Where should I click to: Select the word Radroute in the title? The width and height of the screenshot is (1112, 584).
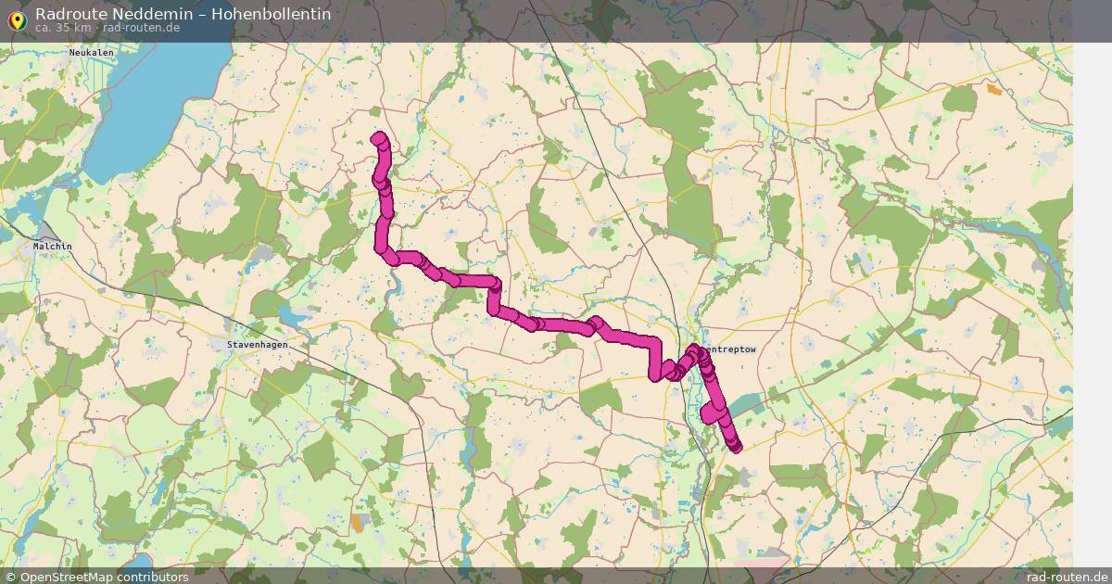coord(65,14)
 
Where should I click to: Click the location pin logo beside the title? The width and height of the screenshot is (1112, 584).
coord(16,19)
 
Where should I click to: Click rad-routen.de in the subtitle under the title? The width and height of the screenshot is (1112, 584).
coord(142,28)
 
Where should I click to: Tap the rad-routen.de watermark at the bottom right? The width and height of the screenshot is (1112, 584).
coord(1067,577)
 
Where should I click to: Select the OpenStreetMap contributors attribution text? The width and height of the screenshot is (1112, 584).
coord(104,577)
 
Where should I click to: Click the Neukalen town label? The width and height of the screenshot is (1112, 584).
coord(90,53)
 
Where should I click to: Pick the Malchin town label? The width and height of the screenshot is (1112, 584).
coord(52,247)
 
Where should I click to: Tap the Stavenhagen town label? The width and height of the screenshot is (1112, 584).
coord(257,345)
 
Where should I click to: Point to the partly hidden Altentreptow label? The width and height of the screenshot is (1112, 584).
coord(730,349)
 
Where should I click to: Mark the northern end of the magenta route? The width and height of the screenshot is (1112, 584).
coord(378,139)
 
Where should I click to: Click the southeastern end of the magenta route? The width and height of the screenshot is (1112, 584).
coord(736,448)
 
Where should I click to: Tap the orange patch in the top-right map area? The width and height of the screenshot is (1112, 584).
coord(994,90)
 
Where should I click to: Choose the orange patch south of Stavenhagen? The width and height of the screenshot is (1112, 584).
coord(358,523)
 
